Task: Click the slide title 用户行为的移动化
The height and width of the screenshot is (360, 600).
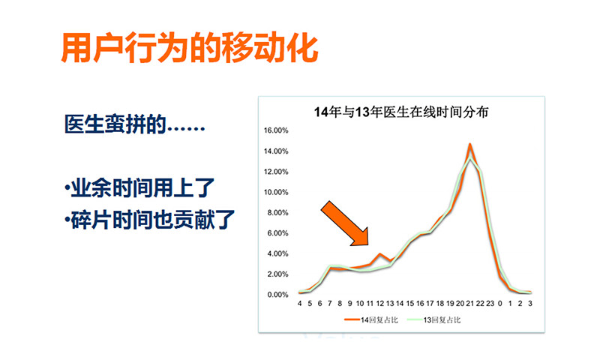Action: click(x=190, y=48)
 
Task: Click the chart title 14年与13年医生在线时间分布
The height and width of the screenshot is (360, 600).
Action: click(x=401, y=112)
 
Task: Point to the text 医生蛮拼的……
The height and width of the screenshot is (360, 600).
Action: click(x=134, y=124)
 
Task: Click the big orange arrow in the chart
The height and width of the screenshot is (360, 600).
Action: click(x=345, y=223)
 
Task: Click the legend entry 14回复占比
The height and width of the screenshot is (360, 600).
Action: click(x=371, y=319)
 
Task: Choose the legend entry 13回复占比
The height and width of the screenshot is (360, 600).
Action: click(x=433, y=319)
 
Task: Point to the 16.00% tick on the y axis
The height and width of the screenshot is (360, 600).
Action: click(x=276, y=130)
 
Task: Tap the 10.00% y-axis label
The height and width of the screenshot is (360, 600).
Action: click(x=276, y=192)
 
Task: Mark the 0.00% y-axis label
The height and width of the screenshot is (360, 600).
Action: click(x=277, y=295)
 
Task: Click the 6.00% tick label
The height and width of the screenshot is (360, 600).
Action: click(x=277, y=233)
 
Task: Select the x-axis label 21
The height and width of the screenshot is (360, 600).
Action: click(x=470, y=304)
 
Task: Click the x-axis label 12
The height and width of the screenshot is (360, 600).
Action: click(x=379, y=304)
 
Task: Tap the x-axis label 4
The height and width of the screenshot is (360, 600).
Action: click(x=299, y=304)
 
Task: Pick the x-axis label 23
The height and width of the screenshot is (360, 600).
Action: click(x=490, y=304)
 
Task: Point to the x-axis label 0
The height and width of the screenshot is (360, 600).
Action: click(x=500, y=304)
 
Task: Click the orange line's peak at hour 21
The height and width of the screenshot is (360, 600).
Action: click(x=470, y=145)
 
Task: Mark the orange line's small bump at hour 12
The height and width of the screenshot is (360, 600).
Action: click(x=379, y=253)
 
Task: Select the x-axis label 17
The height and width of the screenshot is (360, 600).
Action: click(x=430, y=304)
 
